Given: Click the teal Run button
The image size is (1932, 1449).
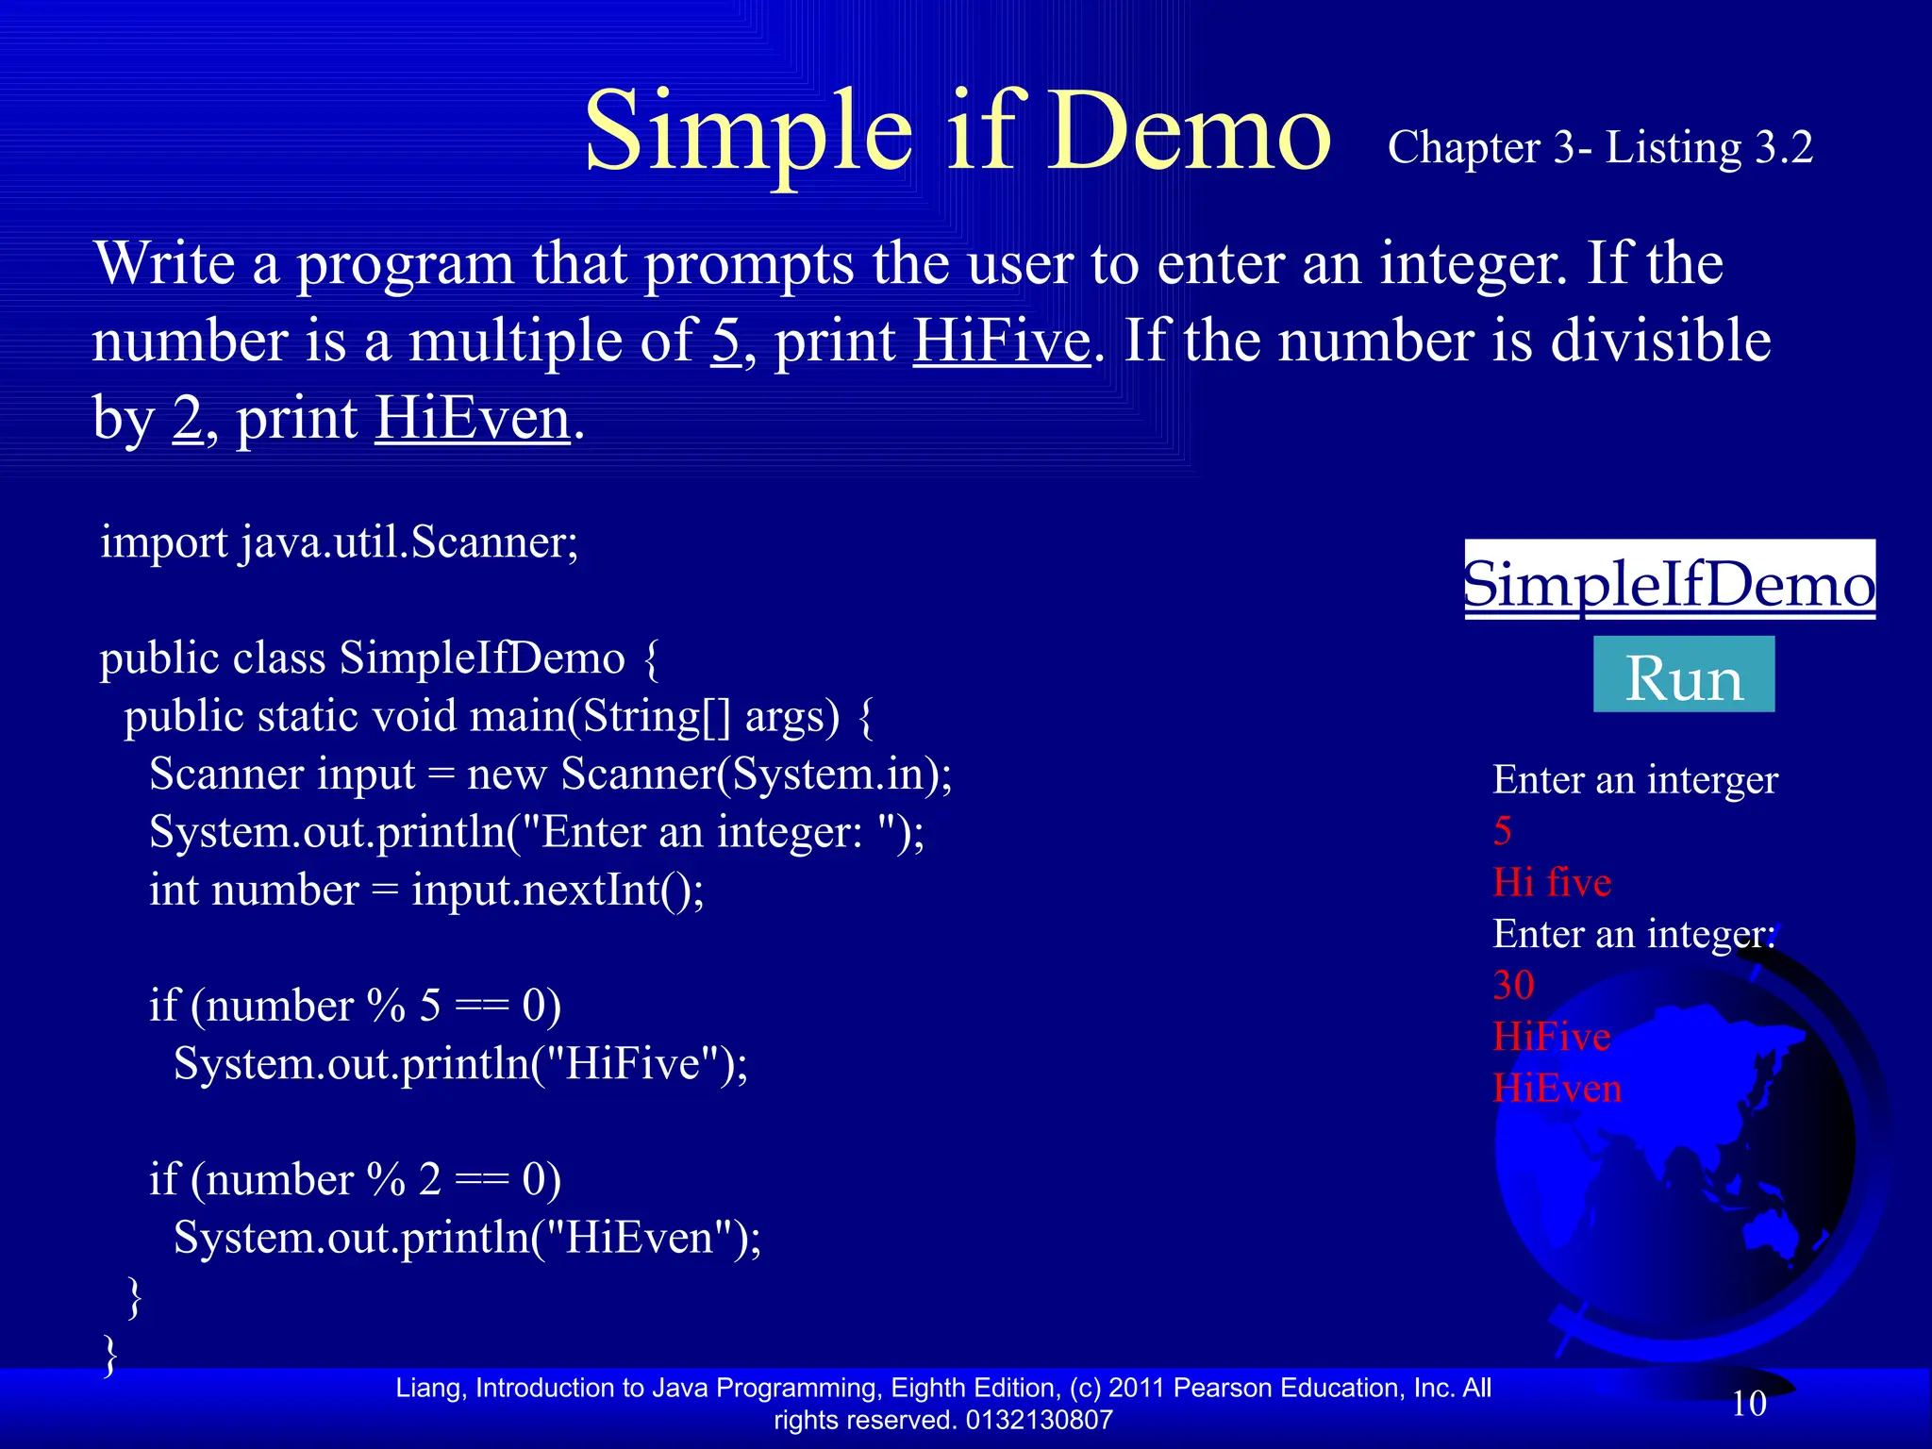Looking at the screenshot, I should pyautogui.click(x=1683, y=675).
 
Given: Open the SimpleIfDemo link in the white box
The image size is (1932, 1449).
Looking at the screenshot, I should pyautogui.click(x=1669, y=582).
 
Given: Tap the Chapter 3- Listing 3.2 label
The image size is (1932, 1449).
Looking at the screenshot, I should pyautogui.click(x=1600, y=147).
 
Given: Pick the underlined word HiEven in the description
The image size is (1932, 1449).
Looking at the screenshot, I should pyautogui.click(x=473, y=418).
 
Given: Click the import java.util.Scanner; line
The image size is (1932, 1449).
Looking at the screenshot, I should pyautogui.click(x=340, y=542).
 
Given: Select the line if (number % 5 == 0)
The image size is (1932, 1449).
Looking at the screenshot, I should pyautogui.click(x=355, y=1006).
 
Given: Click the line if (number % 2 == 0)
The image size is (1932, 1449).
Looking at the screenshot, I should pyautogui.click(x=355, y=1179).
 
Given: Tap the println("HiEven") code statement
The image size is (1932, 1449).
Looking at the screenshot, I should pyautogui.click(x=467, y=1237).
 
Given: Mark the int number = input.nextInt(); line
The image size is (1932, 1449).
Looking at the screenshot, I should pyautogui.click(x=426, y=890).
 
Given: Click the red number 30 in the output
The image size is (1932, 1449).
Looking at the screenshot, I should pyautogui.click(x=1513, y=986).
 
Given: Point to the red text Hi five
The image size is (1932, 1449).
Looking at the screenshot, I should pyautogui.click(x=1552, y=882).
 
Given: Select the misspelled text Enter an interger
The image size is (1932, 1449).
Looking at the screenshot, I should pyautogui.click(x=1635, y=780).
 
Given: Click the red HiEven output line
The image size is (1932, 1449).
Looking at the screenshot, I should pyautogui.click(x=1557, y=1089).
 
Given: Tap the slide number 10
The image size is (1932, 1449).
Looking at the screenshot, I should pyautogui.click(x=1748, y=1404).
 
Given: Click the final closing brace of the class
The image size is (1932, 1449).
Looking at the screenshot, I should pyautogui.click(x=110, y=1354).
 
